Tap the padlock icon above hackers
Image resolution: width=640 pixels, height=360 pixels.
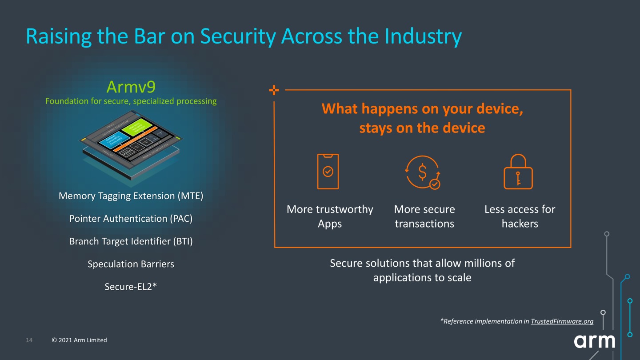coord(518,172)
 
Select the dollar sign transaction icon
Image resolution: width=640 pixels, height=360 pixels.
coord(423,172)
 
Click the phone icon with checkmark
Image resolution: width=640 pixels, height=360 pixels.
coord(328,172)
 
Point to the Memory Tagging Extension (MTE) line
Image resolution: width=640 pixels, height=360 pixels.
coord(131,196)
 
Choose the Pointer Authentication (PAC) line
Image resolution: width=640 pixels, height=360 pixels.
coord(131,219)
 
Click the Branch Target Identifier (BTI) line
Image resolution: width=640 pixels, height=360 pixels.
coord(131,241)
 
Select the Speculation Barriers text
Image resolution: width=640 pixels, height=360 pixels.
coord(131,264)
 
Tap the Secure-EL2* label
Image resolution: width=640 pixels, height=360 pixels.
coord(131,287)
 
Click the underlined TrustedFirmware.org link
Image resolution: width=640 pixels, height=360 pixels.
coord(562,321)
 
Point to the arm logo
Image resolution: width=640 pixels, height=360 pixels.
coord(594,341)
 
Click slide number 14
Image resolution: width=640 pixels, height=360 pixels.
coord(29,340)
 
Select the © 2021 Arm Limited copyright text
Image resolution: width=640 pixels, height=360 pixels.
coord(80,340)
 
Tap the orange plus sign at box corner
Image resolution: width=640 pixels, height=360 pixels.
coord(274,91)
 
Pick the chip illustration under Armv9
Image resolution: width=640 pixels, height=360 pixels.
coord(131,144)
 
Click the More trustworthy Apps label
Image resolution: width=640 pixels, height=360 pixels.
coord(330,216)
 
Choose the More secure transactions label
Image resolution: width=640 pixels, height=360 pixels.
coord(424,216)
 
